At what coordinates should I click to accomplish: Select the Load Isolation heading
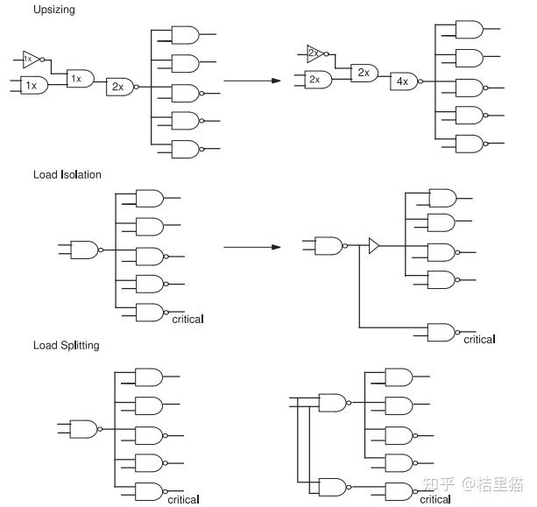(67, 174)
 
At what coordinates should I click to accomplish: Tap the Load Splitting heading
(67, 345)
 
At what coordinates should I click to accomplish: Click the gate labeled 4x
(403, 81)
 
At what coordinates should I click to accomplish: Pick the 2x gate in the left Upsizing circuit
(118, 86)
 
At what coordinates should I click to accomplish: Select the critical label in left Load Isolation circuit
(187, 320)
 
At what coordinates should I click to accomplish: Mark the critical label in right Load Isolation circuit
(479, 340)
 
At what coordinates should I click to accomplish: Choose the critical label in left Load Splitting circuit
(183, 499)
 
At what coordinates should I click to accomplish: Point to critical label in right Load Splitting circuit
(436, 499)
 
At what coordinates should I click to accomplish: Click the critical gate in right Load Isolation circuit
(440, 331)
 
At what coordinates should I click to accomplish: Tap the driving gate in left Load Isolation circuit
(84, 250)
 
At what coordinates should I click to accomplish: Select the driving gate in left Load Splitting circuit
(84, 429)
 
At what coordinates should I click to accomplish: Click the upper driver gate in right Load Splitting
(334, 402)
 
